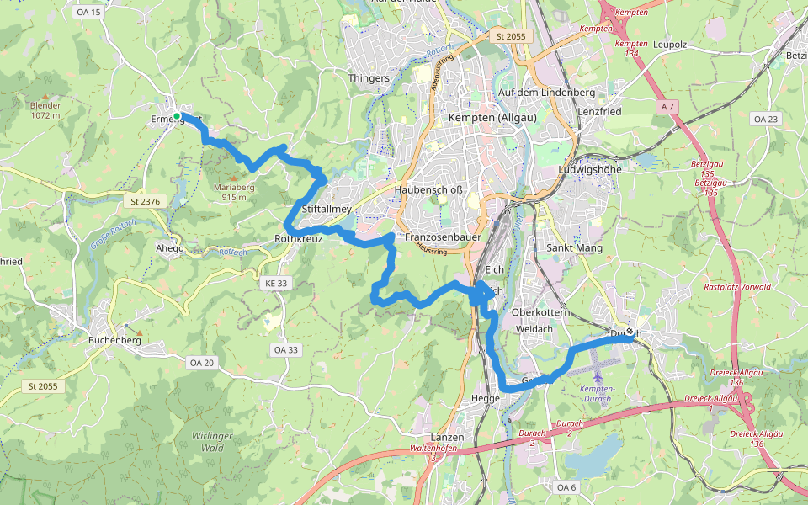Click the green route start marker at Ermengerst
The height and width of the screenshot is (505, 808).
click(177, 115)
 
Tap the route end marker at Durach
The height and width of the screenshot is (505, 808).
click(630, 332)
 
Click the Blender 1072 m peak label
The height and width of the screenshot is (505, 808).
click(45, 109)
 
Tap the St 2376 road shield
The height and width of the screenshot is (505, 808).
click(146, 201)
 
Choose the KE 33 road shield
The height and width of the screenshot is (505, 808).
click(276, 284)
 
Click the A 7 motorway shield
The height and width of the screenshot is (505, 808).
click(668, 107)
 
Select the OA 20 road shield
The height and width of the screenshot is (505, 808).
click(202, 362)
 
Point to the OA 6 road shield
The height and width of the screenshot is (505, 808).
click(566, 486)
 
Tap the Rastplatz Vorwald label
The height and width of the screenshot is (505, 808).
click(737, 287)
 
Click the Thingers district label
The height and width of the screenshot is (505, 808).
click(369, 78)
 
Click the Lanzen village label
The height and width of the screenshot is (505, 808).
click(447, 438)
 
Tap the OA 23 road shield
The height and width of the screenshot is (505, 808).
click(766, 120)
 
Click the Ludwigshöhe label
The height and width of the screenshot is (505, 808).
click(590, 169)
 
